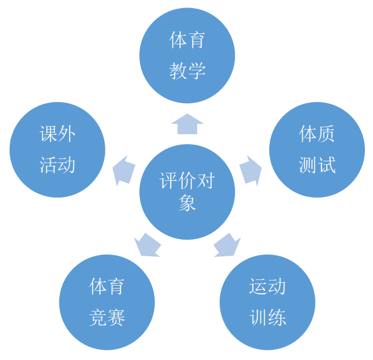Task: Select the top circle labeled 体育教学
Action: coord(187,55)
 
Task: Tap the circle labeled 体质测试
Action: coord(317,150)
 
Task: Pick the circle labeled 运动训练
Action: coord(267,302)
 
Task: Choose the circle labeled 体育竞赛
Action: coord(107,302)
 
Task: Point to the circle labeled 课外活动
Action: coord(58,150)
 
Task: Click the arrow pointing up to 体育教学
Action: coord(187,124)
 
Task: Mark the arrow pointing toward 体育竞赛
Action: coord(148,245)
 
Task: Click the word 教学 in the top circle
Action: coord(187,71)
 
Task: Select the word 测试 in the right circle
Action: coord(317,165)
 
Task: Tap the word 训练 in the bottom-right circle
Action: coord(267,317)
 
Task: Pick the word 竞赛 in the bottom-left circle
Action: coord(107,317)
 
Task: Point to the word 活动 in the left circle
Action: coord(58,165)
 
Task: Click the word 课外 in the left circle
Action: coord(58,135)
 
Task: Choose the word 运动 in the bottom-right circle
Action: coord(267,286)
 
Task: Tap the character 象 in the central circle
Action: coord(187,203)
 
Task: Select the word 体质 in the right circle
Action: coord(317,135)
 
